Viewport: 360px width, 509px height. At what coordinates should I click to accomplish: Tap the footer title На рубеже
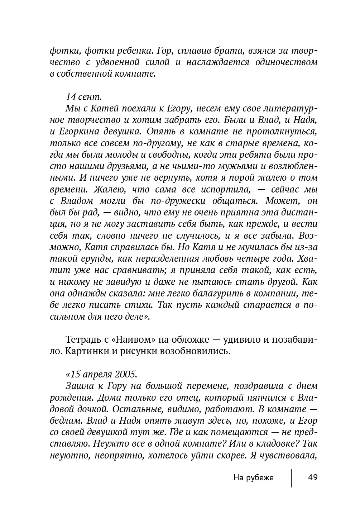pos(253,477)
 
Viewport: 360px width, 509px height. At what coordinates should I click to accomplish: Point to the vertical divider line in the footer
pos(292,477)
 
